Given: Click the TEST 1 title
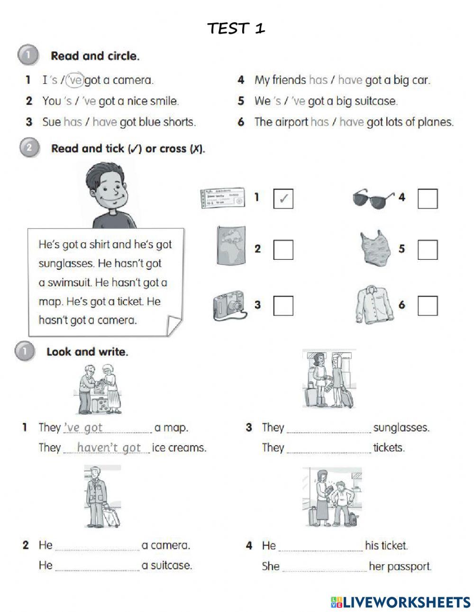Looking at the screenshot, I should tap(236, 28).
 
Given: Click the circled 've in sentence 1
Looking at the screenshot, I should tap(74, 80).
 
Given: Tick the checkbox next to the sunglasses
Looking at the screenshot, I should tap(427, 199).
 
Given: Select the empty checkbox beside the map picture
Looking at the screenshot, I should tap(283, 249).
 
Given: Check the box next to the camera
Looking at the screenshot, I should tap(283, 305).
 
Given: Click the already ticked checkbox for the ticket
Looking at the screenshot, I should tap(283, 199).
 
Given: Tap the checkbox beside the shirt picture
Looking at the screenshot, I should tap(427, 305).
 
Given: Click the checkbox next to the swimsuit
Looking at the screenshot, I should tap(427, 249).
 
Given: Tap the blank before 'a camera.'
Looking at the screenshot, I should tap(97, 546).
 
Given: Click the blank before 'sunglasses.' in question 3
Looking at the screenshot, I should tap(329, 428).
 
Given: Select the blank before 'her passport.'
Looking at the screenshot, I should tap(324, 566).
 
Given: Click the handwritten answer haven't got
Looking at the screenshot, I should tap(109, 448).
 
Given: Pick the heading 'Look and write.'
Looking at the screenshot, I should tap(87, 352).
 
